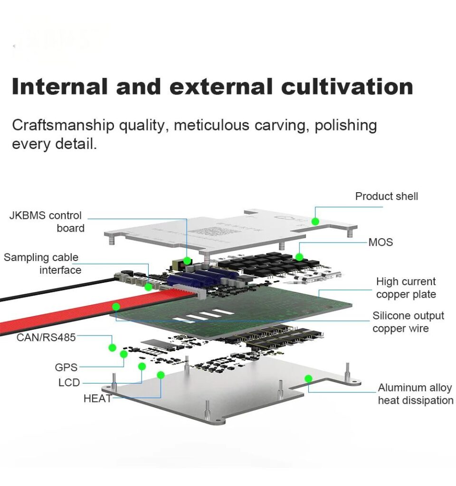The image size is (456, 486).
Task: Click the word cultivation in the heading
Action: [347, 87]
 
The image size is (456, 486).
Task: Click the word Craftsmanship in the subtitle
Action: [63, 125]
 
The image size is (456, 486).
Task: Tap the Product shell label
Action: [387, 196]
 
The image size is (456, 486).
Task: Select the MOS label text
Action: [380, 242]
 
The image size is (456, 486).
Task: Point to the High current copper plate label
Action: [406, 288]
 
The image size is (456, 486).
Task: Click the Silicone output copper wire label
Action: [408, 322]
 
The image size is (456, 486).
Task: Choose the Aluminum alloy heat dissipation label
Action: [415, 394]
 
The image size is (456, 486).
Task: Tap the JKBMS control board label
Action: [46, 222]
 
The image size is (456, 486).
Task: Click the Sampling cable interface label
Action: [42, 263]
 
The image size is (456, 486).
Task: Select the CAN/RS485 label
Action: [46, 337]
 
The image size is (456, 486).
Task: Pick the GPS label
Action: [66, 367]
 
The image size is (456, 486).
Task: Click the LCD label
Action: [69, 383]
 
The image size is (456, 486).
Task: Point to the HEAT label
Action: [97, 399]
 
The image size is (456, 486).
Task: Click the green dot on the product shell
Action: [315, 221]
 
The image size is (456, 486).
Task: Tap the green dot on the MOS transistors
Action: [299, 257]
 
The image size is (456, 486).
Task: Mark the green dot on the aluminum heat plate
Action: [308, 378]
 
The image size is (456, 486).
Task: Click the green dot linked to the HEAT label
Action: [161, 375]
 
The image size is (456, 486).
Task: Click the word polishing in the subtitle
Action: [346, 125]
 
